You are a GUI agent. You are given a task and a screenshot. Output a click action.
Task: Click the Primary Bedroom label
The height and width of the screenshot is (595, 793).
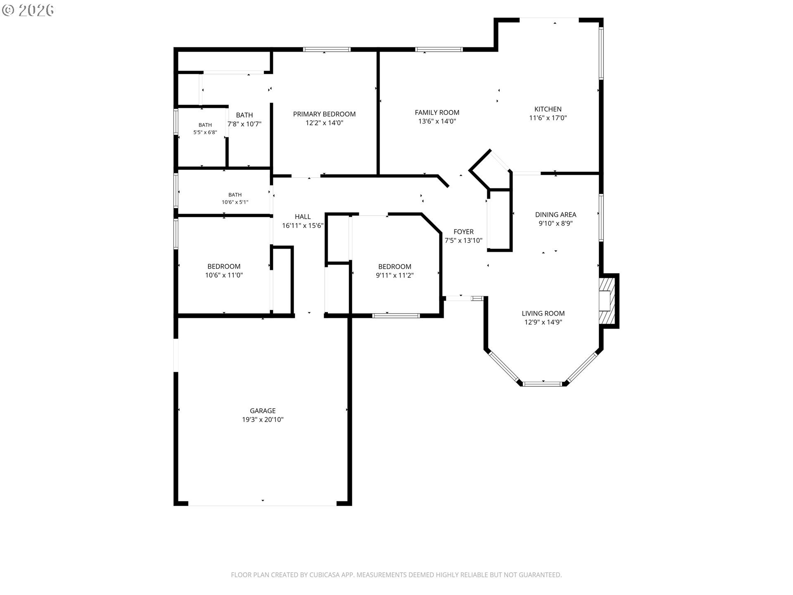[x=324, y=114]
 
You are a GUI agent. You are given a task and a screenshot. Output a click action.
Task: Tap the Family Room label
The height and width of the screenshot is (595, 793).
[x=437, y=112]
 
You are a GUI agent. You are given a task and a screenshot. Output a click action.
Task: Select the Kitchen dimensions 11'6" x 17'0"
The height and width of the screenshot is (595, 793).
[x=548, y=118]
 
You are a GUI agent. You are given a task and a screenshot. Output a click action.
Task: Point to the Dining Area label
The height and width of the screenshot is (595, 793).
[x=556, y=214]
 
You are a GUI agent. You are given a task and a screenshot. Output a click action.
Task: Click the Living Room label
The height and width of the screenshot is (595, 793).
[x=543, y=314]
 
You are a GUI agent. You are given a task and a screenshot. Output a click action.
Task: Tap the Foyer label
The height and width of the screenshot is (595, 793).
[x=463, y=232]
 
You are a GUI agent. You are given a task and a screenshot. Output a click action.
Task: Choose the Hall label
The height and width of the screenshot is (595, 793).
[x=303, y=217]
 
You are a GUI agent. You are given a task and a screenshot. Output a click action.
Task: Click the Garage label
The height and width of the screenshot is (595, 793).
[x=263, y=411]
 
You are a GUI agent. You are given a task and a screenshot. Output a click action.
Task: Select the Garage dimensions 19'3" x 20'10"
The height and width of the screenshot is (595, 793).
[x=263, y=420]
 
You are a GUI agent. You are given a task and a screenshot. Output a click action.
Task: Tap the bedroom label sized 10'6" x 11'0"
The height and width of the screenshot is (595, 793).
[x=224, y=267]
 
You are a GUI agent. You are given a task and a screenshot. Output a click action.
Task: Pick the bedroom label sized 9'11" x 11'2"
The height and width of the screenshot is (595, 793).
[x=395, y=267]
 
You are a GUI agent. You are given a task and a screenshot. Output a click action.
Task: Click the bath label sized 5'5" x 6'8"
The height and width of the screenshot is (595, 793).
[x=205, y=125]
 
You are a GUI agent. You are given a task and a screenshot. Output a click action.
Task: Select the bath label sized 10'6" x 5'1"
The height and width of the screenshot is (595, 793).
[x=235, y=195]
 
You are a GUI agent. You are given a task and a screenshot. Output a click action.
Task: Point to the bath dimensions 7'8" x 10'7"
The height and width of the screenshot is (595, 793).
[x=245, y=124]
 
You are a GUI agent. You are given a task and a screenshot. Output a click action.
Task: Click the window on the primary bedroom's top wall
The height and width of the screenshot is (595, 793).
[x=327, y=50]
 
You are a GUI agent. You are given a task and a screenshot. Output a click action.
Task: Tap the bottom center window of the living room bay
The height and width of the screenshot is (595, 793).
[x=543, y=384]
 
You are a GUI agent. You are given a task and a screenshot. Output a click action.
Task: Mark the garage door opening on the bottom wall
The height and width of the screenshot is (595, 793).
[x=263, y=504]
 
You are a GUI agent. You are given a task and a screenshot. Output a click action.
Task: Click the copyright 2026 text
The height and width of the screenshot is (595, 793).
[x=28, y=10]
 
